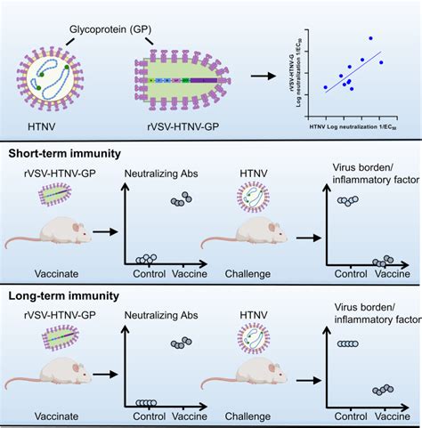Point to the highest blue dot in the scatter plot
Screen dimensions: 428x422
tap(370, 38)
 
